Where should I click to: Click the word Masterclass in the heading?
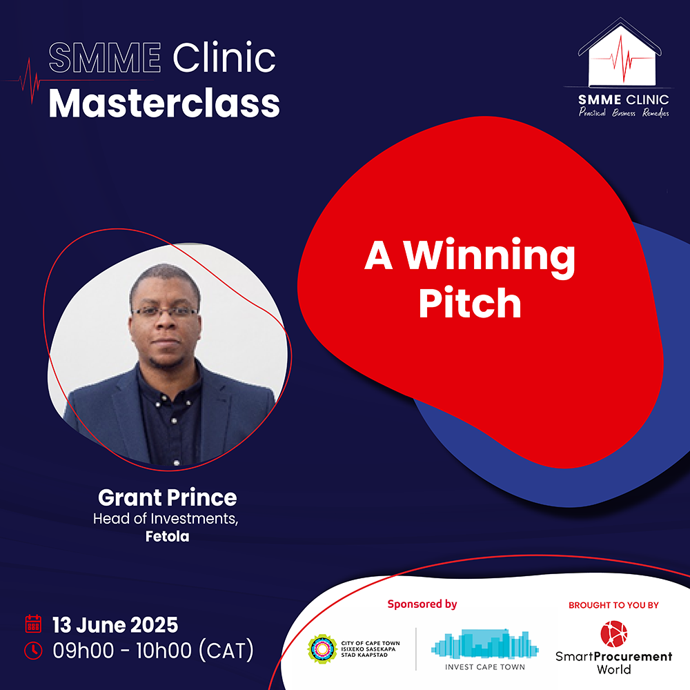click(x=164, y=103)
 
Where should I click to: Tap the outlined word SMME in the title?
click(x=105, y=57)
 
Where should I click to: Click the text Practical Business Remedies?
click(x=624, y=112)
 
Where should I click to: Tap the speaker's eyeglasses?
click(x=166, y=312)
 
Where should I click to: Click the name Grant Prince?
click(x=167, y=497)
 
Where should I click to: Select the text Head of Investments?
click(x=166, y=519)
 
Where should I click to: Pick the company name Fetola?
click(x=167, y=536)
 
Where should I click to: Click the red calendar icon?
click(x=33, y=624)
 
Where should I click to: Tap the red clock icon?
click(x=33, y=651)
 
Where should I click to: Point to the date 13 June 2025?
click(x=115, y=625)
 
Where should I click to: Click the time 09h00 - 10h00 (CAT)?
click(x=153, y=651)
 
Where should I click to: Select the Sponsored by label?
click(x=422, y=604)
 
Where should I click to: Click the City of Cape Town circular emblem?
click(x=322, y=649)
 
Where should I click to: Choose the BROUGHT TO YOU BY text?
click(x=613, y=605)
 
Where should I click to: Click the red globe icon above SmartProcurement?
click(x=614, y=633)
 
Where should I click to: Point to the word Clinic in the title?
click(x=224, y=57)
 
